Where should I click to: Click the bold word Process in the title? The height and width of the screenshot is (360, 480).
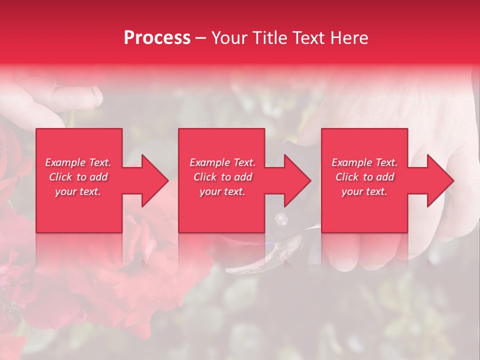coord(157,38)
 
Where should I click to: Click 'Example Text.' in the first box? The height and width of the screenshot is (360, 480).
coord(78,162)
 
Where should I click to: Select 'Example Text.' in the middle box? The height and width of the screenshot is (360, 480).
coord(222,162)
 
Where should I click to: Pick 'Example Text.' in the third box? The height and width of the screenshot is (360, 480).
coord(364,162)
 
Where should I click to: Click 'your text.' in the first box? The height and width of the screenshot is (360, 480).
coord(78,191)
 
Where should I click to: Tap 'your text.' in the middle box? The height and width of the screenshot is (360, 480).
coord(222,191)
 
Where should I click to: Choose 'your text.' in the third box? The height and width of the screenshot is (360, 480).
coord(364,191)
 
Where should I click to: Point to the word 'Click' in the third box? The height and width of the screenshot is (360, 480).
coord(347,177)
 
